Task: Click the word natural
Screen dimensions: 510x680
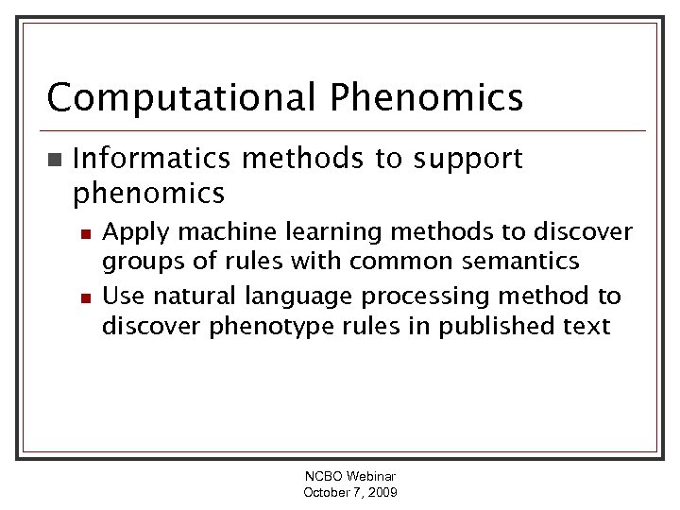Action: pos(195,297)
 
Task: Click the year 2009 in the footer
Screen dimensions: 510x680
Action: pos(382,493)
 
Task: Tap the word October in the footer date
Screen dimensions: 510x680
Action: pos(327,493)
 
